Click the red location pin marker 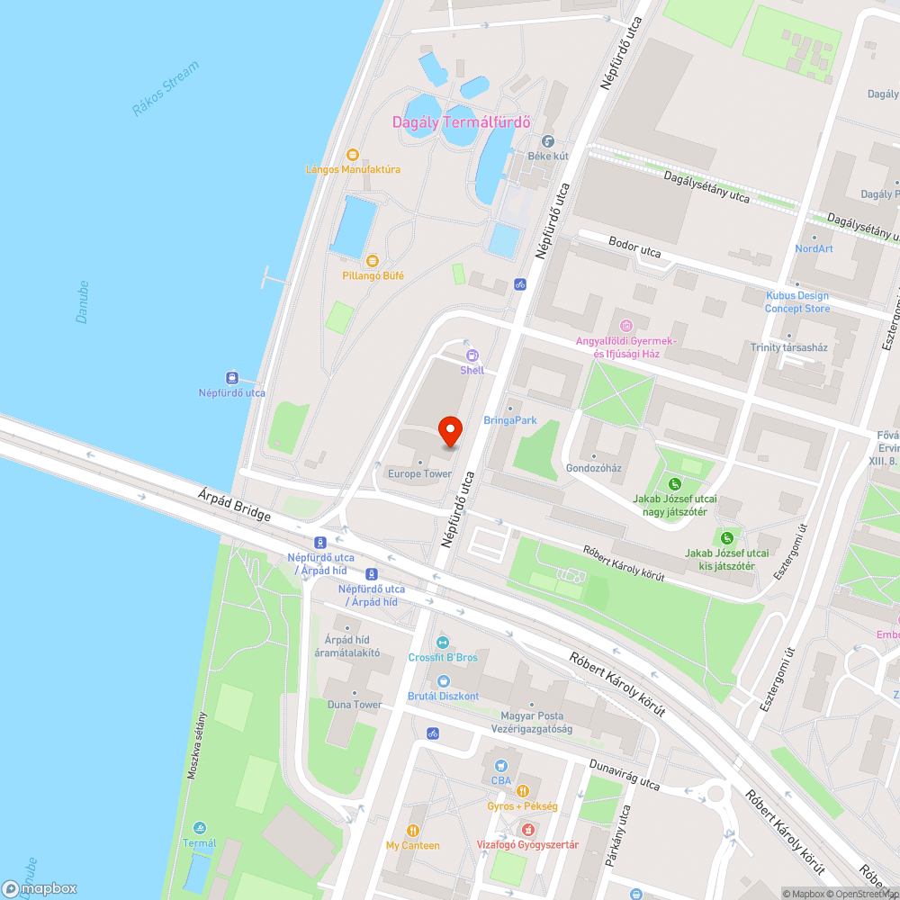(x=449, y=432)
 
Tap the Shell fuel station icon (x=472, y=355)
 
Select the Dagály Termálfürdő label (x=463, y=122)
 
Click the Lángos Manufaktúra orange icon (x=352, y=155)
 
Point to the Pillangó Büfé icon (x=372, y=261)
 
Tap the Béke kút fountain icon (x=547, y=141)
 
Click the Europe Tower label (x=419, y=473)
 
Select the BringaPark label (x=509, y=420)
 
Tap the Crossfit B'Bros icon (x=442, y=643)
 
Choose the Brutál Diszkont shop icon (x=442, y=681)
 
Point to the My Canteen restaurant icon (x=413, y=831)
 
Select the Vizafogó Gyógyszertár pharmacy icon (x=527, y=829)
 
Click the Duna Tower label (x=355, y=705)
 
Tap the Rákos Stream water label (x=165, y=88)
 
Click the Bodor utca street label (x=634, y=248)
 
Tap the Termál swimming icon (x=199, y=828)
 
